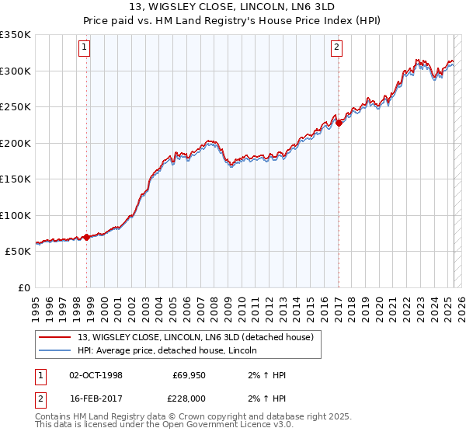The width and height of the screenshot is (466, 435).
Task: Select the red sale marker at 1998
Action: click(86, 237)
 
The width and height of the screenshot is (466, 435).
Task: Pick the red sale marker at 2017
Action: click(339, 123)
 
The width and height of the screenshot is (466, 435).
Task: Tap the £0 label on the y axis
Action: click(23, 287)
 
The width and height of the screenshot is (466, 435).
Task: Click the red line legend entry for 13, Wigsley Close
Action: click(195, 337)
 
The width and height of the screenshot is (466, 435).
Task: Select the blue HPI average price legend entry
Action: click(172, 351)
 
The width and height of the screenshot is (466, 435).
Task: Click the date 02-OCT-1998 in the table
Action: click(96, 375)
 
